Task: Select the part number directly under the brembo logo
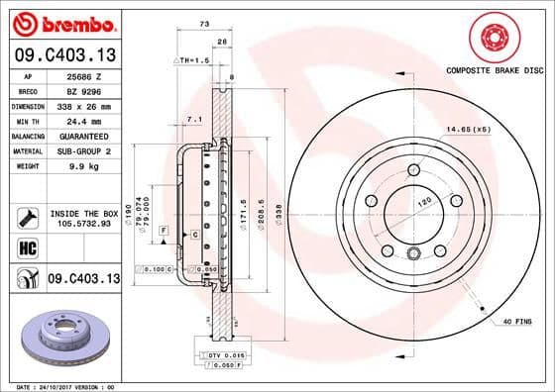pyautogui.click(x=64, y=54)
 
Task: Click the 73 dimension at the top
pyautogui.click(x=203, y=22)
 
